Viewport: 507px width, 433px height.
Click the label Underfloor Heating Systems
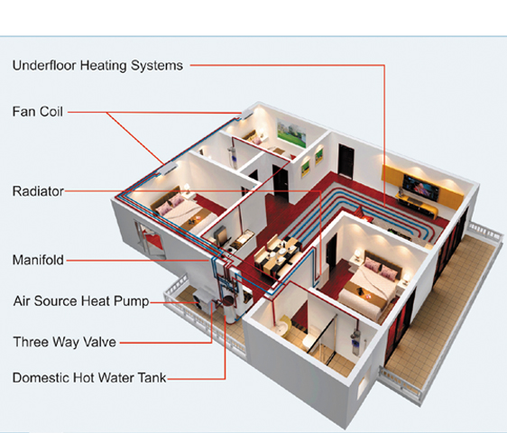tap(97, 66)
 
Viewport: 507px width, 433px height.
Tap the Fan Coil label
tap(38, 112)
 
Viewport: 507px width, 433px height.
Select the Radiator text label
tap(38, 191)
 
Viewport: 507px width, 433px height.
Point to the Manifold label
tap(38, 260)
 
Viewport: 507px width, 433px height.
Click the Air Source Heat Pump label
tap(81, 301)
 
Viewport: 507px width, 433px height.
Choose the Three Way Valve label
tap(65, 342)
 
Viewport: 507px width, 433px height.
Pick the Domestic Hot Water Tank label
tap(89, 378)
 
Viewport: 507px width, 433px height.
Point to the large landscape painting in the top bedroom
tap(291, 134)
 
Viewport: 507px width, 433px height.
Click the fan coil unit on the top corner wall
tap(247, 113)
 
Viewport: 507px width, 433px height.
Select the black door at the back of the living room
tap(346, 161)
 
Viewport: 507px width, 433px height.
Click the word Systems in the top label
tap(157, 66)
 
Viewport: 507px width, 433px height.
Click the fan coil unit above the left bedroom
tap(168, 169)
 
